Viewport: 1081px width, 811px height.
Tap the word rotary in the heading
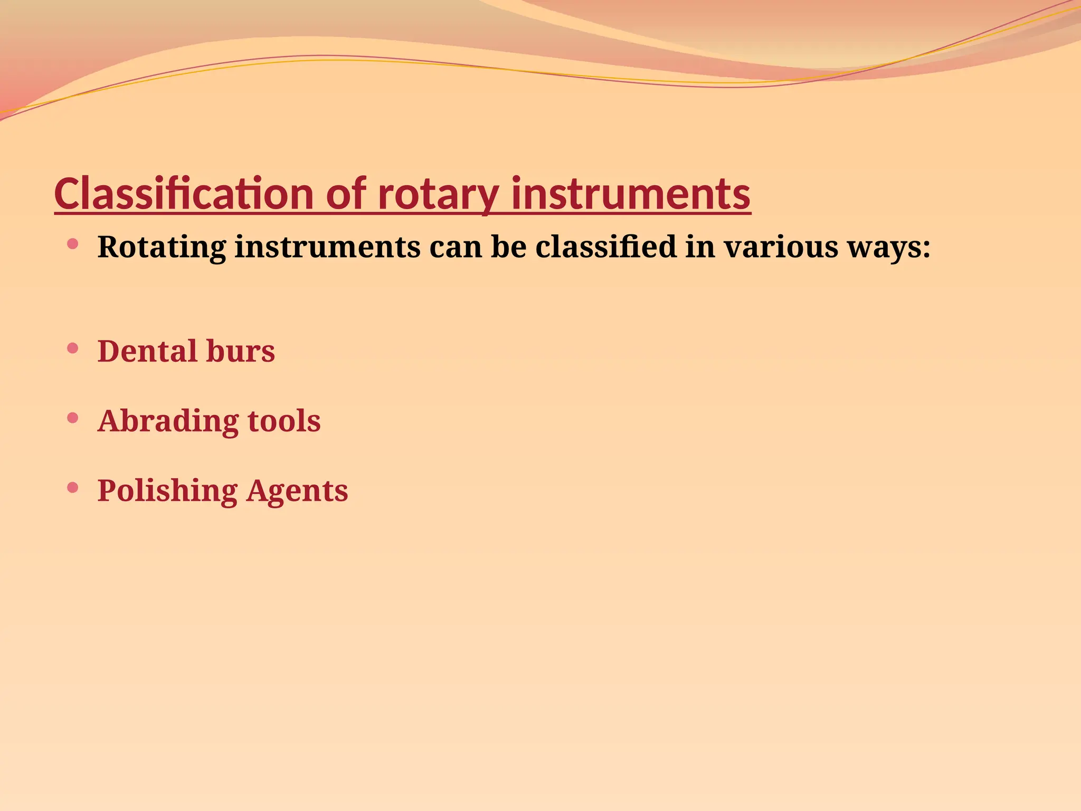pos(438,194)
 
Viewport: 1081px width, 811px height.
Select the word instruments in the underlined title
pos(631,194)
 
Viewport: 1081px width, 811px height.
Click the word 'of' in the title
pos(346,194)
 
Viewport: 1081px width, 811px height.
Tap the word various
pos(781,247)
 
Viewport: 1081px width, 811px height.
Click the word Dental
pos(147,351)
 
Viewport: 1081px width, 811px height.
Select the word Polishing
pos(167,491)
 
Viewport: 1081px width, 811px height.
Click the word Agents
pos(297,491)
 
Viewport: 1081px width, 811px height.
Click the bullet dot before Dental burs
pos(73,348)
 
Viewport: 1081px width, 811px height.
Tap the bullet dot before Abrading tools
pos(73,418)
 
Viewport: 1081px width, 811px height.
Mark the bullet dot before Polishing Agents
pos(73,487)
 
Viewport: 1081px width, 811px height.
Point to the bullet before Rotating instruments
pos(73,243)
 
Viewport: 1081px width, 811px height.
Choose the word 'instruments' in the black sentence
pos(327,247)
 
